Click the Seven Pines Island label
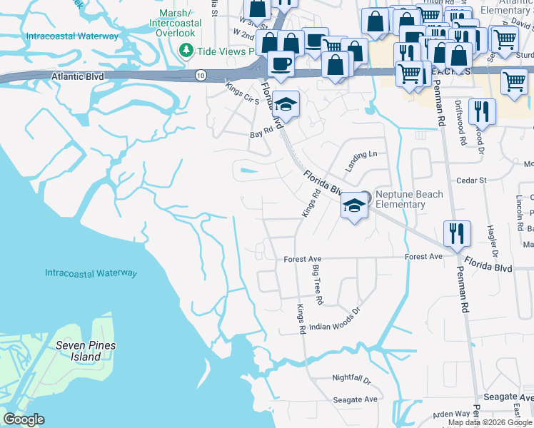[86, 350]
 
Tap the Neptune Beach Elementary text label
[409, 199]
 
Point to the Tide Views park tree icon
[186, 51]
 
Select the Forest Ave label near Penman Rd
[424, 257]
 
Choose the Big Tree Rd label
[318, 285]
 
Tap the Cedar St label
[471, 180]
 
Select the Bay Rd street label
[262, 133]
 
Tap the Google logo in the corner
[24, 419]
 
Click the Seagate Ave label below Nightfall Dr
[356, 399]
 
